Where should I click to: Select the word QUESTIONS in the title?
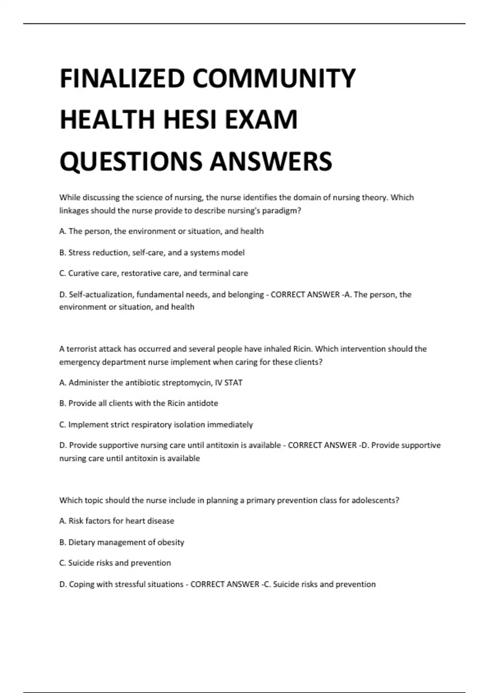131,161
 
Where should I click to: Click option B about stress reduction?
152,253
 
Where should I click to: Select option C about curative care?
153,273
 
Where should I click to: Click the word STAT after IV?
233,383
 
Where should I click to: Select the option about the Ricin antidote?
139,403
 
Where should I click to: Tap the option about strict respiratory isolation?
156,424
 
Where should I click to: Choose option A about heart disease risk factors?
117,521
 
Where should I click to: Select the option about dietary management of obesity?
121,542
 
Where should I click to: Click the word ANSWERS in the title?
271,161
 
